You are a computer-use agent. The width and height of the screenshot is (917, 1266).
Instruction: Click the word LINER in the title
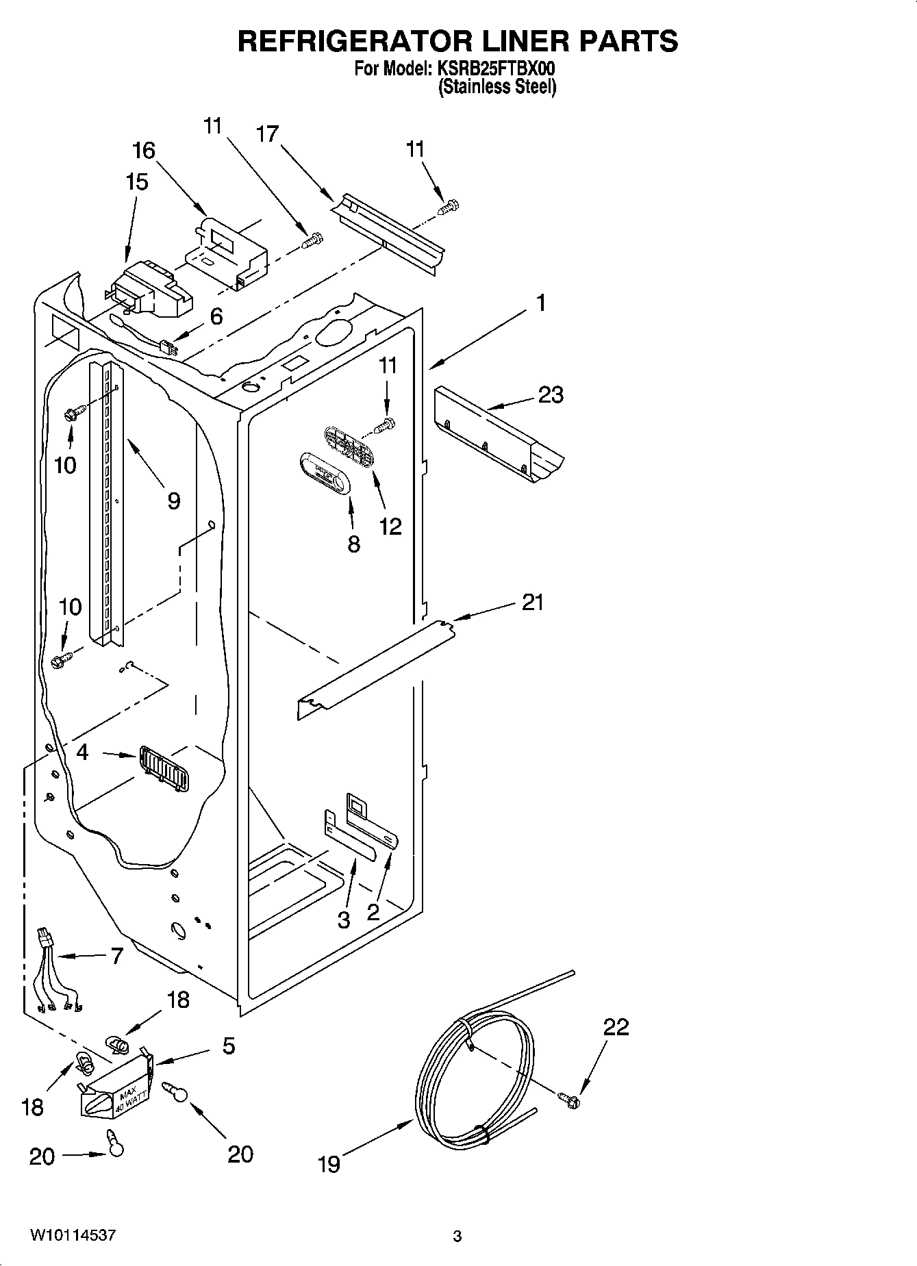click(524, 41)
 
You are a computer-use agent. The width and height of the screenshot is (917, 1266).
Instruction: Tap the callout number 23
click(550, 394)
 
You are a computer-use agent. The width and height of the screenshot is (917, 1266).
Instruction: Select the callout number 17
click(268, 134)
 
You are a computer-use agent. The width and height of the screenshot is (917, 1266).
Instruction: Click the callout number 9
click(173, 501)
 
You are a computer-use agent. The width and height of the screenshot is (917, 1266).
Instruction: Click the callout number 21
click(532, 602)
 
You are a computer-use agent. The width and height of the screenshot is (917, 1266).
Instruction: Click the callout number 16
click(144, 150)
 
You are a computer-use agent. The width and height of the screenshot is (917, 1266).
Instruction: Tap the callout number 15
click(136, 182)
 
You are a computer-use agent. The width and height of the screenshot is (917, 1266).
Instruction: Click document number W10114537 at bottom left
click(73, 1235)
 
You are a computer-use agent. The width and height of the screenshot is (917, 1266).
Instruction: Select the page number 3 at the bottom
click(457, 1236)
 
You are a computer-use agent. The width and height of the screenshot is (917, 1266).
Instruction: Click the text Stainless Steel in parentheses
click(497, 87)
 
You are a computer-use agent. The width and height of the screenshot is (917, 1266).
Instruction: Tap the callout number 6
click(216, 316)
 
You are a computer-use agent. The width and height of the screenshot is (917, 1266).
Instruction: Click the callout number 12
click(390, 526)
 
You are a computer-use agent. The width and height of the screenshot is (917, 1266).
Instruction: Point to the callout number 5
click(228, 1046)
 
